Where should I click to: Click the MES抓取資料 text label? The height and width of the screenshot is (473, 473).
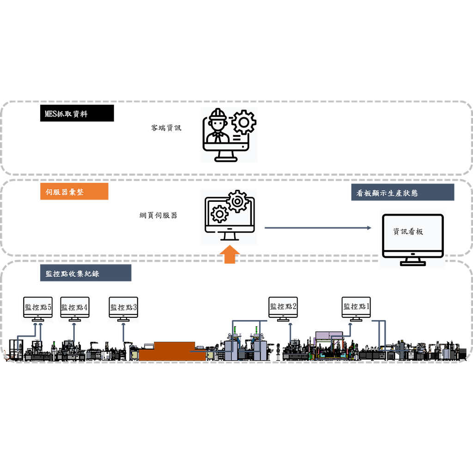pos(66,114)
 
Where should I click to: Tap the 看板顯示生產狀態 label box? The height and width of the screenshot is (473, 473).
pos(402,193)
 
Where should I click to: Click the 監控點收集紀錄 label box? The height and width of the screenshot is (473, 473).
pos(85,273)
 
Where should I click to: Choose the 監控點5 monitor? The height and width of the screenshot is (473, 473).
pos(38,308)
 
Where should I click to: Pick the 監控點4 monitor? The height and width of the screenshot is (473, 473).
pos(74,308)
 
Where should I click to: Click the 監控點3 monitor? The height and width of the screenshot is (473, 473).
pos(123,308)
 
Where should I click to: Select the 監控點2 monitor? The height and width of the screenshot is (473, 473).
pos(283,307)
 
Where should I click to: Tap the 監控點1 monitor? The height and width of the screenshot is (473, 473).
pos(355,307)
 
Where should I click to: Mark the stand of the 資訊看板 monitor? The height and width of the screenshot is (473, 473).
pos(412,261)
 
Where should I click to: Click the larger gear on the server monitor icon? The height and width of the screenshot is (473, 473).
pos(238,201)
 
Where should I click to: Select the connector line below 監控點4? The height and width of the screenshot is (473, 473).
pos(73,332)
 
